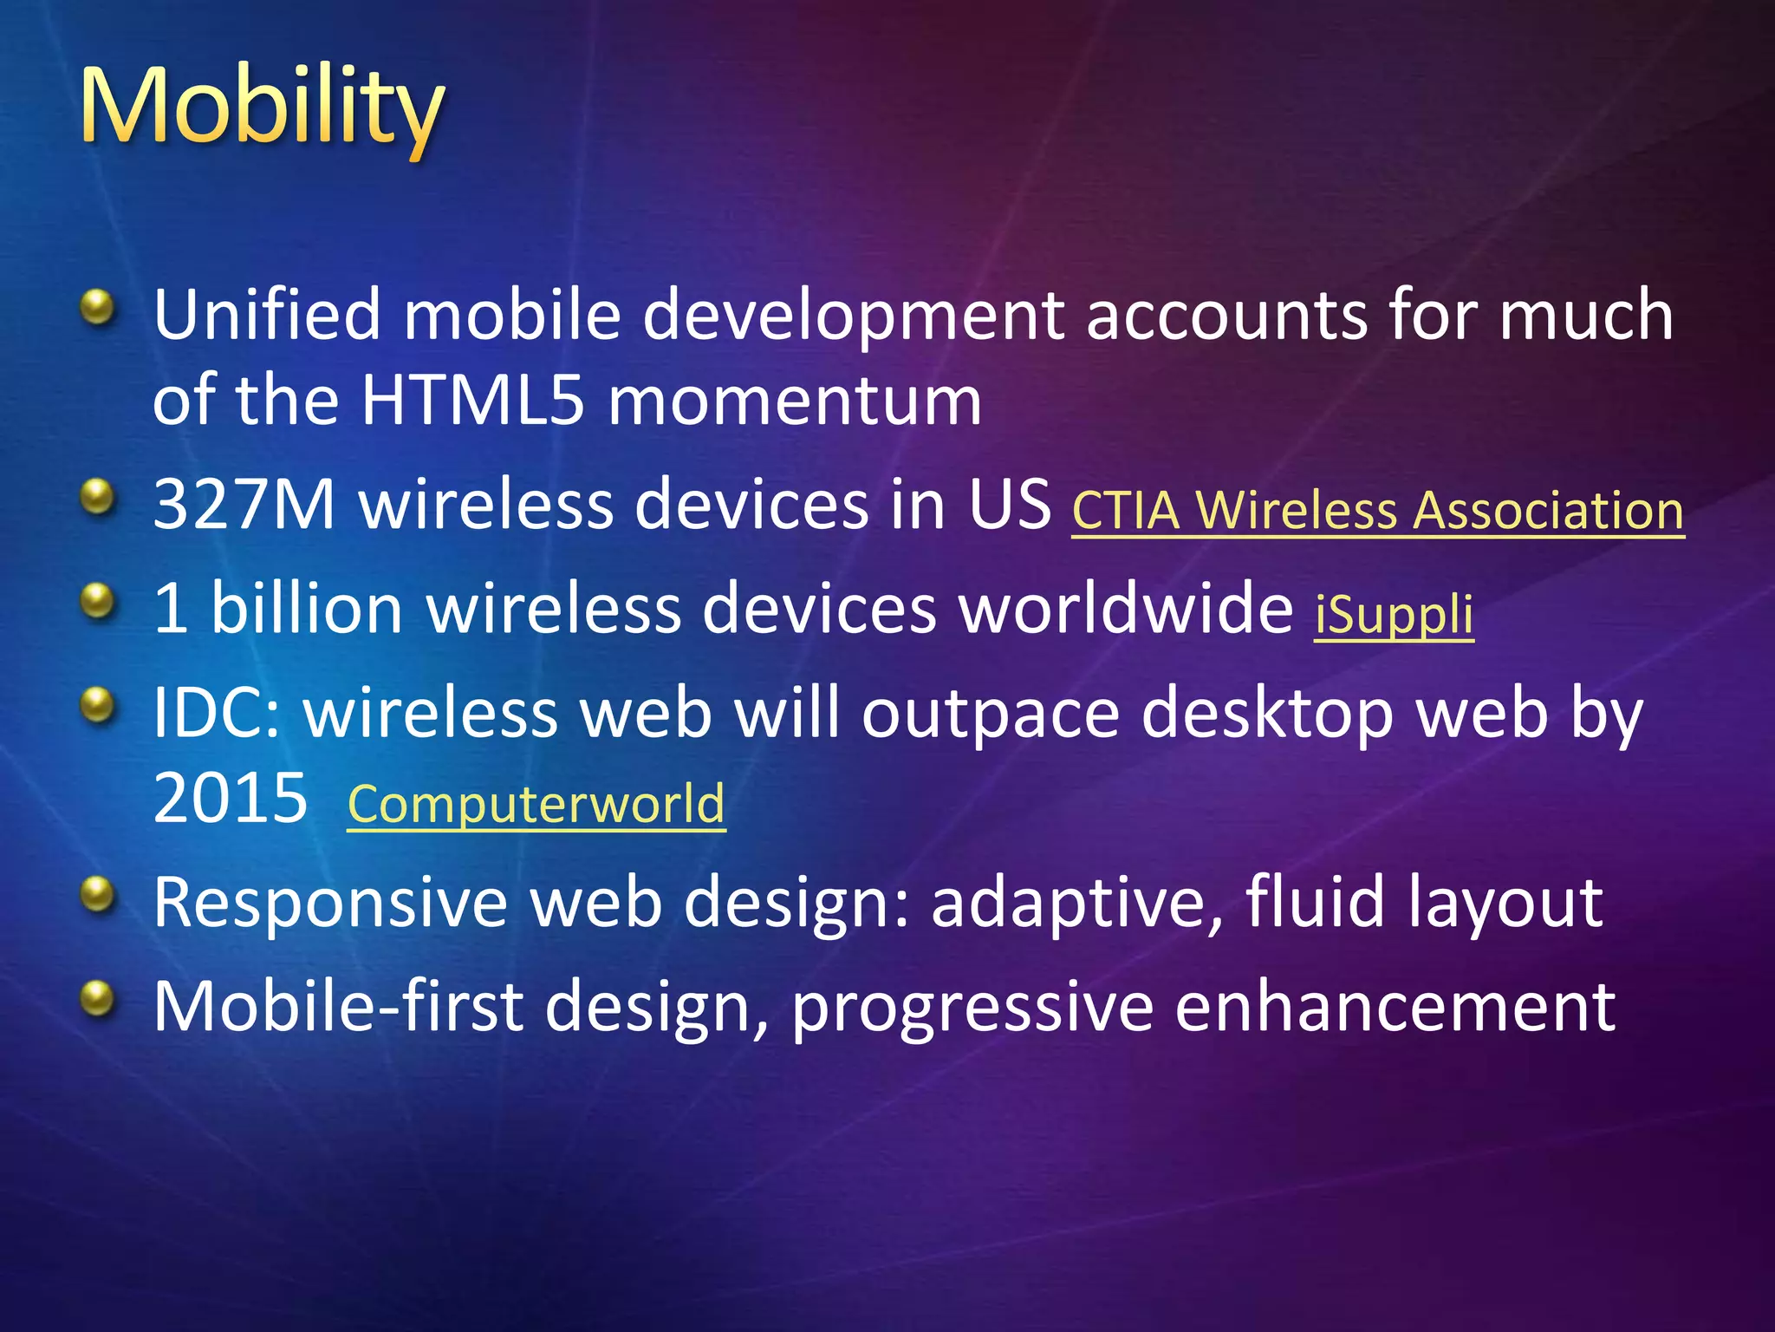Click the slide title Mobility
pos(262,108)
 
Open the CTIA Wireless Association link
pos(1377,510)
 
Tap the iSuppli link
pos(1394,614)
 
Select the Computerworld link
pos(536,804)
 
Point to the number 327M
pos(244,505)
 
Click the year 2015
pos(230,798)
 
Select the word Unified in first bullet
pos(266,314)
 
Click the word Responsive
pos(329,903)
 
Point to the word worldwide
pos(1126,609)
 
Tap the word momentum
pos(795,402)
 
